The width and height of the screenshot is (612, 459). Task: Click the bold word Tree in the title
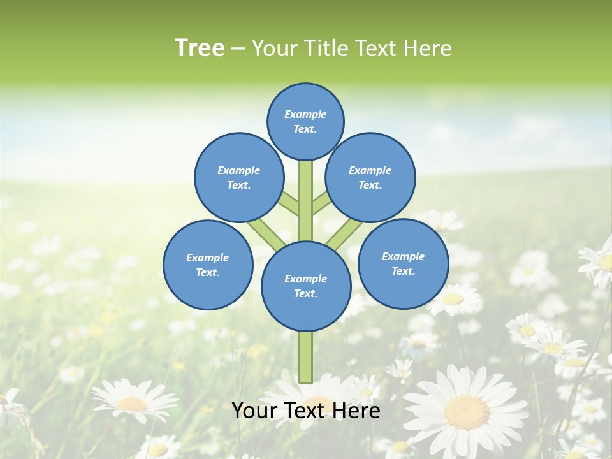pos(200,48)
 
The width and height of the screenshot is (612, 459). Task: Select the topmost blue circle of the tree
pos(305,121)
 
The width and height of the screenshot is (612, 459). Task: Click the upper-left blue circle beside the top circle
pos(239,177)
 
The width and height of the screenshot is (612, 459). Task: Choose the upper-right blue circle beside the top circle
pos(370,177)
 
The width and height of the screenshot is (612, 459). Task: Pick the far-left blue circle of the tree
pos(208,265)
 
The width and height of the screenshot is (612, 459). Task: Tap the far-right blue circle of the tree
pos(404,263)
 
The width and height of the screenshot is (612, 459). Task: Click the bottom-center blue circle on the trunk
pos(306,286)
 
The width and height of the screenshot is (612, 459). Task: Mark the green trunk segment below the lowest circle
pos(306,357)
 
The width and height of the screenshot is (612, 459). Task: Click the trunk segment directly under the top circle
pos(306,191)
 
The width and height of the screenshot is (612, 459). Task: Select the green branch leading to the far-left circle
pos(266,234)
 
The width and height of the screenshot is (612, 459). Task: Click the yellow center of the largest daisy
pos(466,412)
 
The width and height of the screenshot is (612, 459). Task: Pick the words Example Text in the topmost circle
pos(305,121)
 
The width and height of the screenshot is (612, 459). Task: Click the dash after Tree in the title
pos(238,48)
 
